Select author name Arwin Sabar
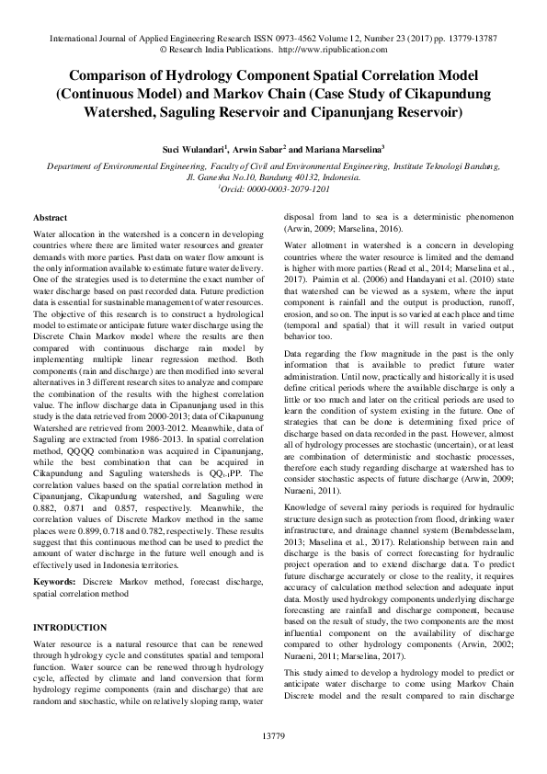coord(251,147)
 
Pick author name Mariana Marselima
coord(340,147)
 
